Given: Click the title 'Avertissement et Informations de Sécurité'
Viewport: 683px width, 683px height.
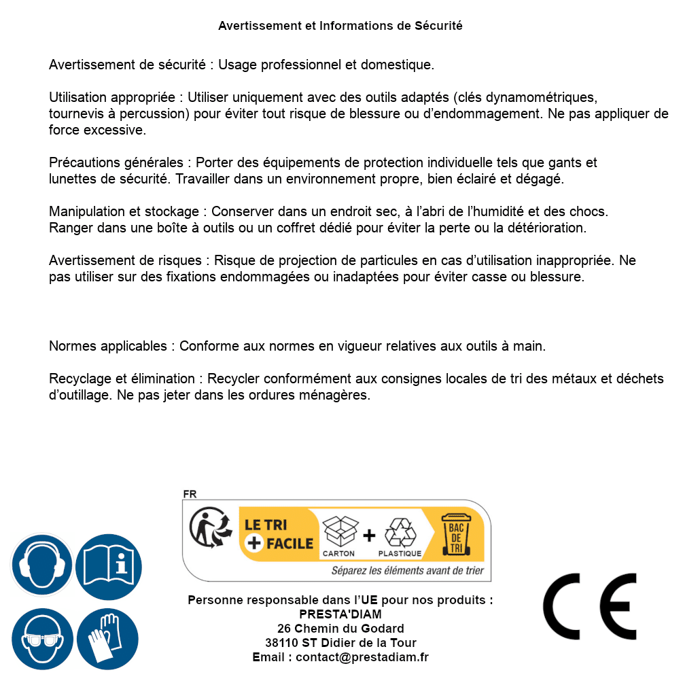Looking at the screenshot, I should pyautogui.click(x=340, y=26).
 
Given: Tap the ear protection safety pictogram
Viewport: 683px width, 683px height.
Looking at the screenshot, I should pyautogui.click(x=41, y=565).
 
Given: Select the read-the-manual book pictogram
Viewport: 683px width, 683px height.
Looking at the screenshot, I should pyautogui.click(x=109, y=565).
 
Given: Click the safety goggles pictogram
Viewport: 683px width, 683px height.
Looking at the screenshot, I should pyautogui.click(x=41, y=639).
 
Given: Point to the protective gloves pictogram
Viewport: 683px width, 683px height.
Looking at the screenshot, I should pyautogui.click(x=107, y=639).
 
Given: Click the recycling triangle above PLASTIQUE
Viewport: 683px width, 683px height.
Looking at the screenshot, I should pyautogui.click(x=400, y=532).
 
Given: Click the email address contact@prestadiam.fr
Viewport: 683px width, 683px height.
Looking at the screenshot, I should pyautogui.click(x=362, y=657).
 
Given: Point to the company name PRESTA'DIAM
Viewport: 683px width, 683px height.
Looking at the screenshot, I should pyautogui.click(x=340, y=614).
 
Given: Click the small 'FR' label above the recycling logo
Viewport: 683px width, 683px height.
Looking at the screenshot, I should pyautogui.click(x=190, y=494).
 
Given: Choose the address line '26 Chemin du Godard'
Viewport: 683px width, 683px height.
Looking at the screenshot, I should pyautogui.click(x=340, y=629).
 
